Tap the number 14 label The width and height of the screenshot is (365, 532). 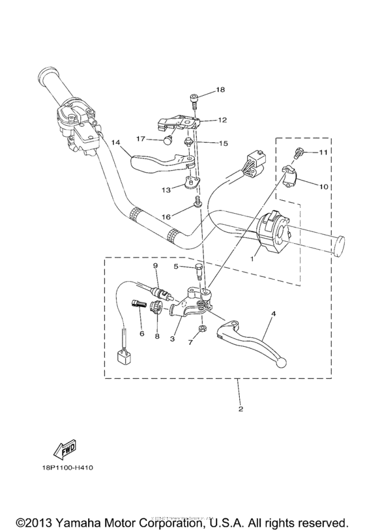point(115,142)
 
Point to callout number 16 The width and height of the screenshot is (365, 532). point(167,216)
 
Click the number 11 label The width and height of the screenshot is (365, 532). point(323,153)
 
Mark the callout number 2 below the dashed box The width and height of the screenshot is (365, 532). point(241,409)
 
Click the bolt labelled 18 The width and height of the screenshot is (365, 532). point(194,99)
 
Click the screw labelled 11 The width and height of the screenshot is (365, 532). point(299,154)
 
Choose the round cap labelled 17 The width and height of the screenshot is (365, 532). point(168,139)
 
